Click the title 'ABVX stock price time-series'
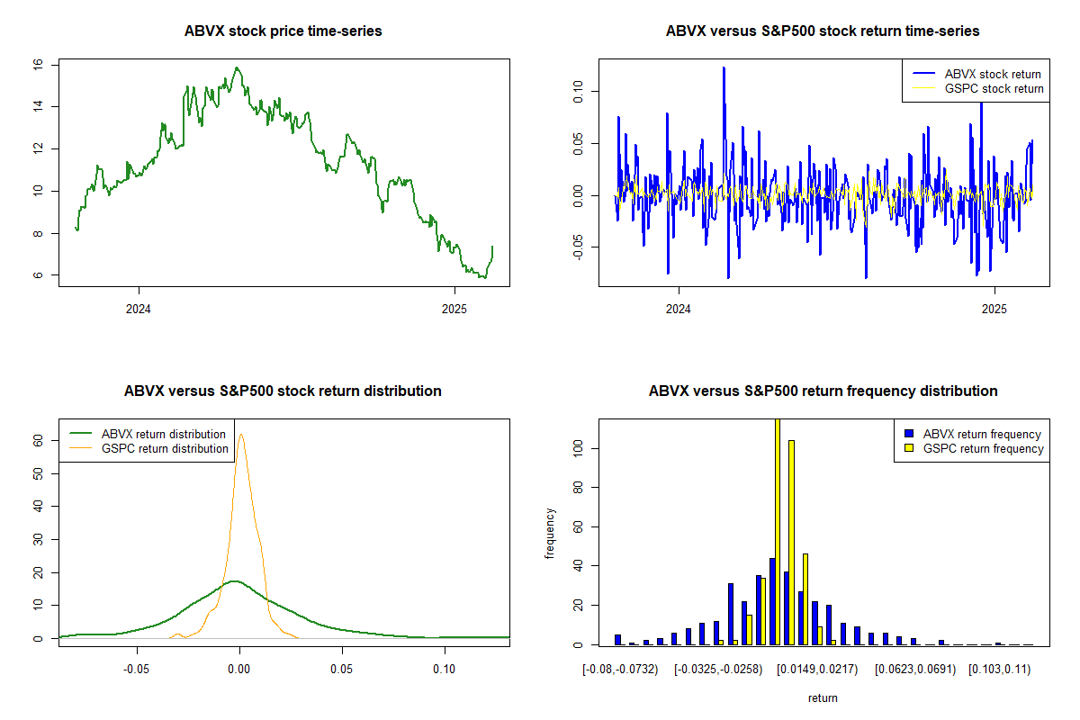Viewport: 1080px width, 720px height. click(x=283, y=31)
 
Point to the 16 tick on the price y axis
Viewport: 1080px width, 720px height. click(x=38, y=65)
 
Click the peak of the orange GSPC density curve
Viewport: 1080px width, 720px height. click(x=240, y=435)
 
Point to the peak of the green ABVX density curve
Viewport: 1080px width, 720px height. click(x=235, y=581)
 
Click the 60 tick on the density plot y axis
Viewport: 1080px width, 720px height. click(x=38, y=441)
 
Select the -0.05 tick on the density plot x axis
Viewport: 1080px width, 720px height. click(x=137, y=670)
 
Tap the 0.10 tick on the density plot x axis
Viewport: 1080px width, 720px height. click(x=444, y=670)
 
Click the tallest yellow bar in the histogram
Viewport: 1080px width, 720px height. click(x=778, y=531)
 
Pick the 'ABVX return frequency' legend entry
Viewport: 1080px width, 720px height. click(x=982, y=434)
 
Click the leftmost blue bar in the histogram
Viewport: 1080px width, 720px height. click(x=617, y=639)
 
